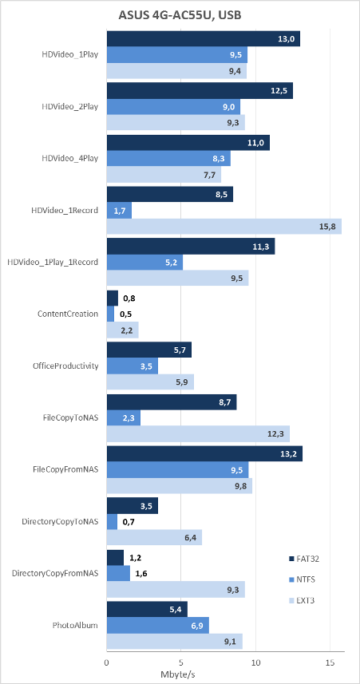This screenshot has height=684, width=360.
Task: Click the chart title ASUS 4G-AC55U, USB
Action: pos(180,15)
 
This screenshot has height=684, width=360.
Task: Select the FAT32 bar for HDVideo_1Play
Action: pos(204,38)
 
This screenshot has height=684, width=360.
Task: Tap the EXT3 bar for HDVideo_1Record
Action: pos(224,227)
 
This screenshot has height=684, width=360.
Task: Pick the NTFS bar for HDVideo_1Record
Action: pos(119,211)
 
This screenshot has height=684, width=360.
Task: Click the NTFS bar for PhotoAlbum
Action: pos(158,625)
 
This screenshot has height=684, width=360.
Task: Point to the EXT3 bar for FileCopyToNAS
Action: pos(198,434)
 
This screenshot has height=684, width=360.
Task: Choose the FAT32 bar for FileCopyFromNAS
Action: pos(204,453)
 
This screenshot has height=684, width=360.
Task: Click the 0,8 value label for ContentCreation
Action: pos(129,299)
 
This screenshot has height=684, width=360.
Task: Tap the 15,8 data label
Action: pos(329,227)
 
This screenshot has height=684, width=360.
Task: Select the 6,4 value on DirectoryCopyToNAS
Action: pos(190,537)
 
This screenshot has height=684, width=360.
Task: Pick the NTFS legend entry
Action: pos(302,579)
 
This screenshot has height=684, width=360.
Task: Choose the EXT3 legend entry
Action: pos(302,600)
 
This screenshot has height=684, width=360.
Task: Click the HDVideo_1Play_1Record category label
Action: pos(53,262)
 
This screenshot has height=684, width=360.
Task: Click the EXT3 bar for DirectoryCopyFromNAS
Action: pos(176,589)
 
